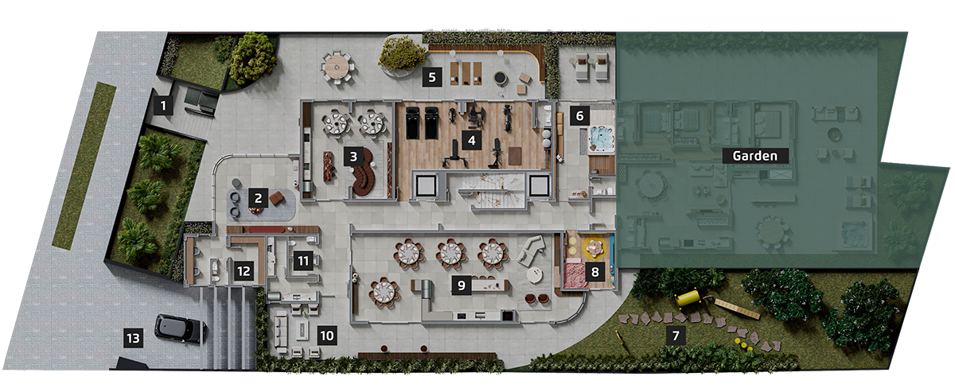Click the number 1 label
pyautogui.click(x=163, y=105)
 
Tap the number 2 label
pyautogui.click(x=258, y=198)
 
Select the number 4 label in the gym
pyautogui.click(x=471, y=140)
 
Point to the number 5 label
pyautogui.click(x=432, y=77)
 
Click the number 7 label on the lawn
pyautogui.click(x=676, y=336)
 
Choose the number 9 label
pyautogui.click(x=462, y=285)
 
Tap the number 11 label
pyautogui.click(x=303, y=260)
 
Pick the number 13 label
pyautogui.click(x=134, y=338)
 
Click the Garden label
pyautogui.click(x=755, y=156)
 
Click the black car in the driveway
pyautogui.click(x=181, y=328)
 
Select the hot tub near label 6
pyautogui.click(x=601, y=139)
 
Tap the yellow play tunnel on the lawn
pyautogui.click(x=688, y=298)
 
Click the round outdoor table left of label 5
pyautogui.click(x=337, y=67)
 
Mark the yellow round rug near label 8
pyautogui.click(x=594, y=248)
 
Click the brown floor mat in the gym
pyautogui.click(x=515, y=156)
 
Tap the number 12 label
pyautogui.click(x=244, y=271)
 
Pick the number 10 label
pyautogui.click(x=327, y=336)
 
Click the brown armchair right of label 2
pyautogui.click(x=277, y=198)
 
